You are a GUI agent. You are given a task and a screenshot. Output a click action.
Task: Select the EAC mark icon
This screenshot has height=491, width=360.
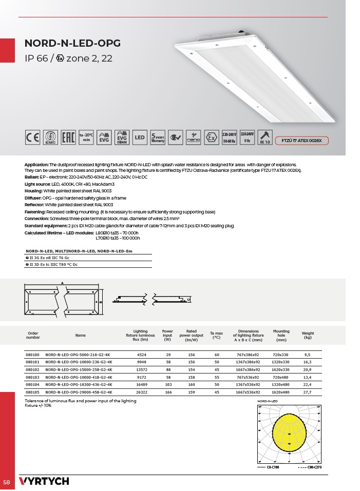[x=68, y=138]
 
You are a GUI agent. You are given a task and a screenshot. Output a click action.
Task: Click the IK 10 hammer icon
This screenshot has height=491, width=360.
[x=265, y=137]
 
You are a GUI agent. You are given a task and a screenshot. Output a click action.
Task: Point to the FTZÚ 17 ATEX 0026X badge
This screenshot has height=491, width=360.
[x=301, y=140]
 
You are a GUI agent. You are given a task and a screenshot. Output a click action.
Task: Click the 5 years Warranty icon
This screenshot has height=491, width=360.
[x=158, y=138]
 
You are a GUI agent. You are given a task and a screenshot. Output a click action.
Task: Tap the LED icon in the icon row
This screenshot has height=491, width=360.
[x=140, y=138]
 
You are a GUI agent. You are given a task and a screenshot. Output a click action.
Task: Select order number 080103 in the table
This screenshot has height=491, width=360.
[x=32, y=376]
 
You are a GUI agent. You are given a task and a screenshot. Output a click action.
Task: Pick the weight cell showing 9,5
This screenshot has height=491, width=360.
[x=307, y=355]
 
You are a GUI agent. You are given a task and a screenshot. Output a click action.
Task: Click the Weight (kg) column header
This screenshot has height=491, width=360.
[x=308, y=336]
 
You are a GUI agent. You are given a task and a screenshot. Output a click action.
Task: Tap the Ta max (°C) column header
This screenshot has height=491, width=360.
[x=216, y=336]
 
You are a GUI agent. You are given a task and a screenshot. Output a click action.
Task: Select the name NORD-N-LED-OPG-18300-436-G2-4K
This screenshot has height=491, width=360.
[x=78, y=384]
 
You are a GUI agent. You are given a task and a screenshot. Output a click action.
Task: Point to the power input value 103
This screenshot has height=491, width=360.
[x=167, y=384]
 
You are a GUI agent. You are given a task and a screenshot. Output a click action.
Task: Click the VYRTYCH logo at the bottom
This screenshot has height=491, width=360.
[x=44, y=481]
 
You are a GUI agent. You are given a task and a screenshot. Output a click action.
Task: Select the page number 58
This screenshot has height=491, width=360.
[x=7, y=482]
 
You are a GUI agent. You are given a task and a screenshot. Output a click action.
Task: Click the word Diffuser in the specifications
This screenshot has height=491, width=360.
[x=33, y=198]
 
